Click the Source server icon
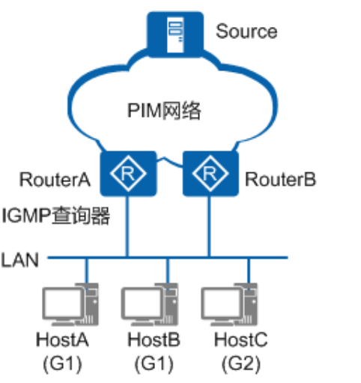175,34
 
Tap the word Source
246,31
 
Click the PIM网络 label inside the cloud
164,110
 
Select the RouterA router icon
128,174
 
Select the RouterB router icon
210,174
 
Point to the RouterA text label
55,179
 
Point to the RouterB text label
280,179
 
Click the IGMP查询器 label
55,216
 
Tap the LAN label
20,260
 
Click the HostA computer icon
70,304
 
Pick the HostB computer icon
150,304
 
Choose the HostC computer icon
229,304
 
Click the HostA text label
62,340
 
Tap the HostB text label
154,340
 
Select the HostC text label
241,340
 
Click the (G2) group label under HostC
241,364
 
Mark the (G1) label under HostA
62,364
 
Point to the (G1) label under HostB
154,364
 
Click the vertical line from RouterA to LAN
127,226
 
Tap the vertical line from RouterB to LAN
209,226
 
